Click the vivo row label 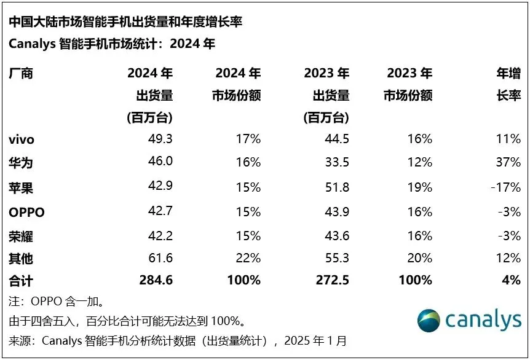(x=22, y=139)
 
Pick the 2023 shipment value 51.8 (x=336, y=187)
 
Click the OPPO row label (x=27, y=213)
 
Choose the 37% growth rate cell (x=508, y=163)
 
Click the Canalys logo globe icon (x=429, y=321)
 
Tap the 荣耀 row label (x=21, y=237)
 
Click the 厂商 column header (x=21, y=74)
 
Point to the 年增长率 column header (x=508, y=85)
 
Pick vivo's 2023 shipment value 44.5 (x=336, y=139)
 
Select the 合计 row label (x=21, y=281)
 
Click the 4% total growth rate (x=511, y=281)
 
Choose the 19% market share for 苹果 (x=419, y=187)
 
